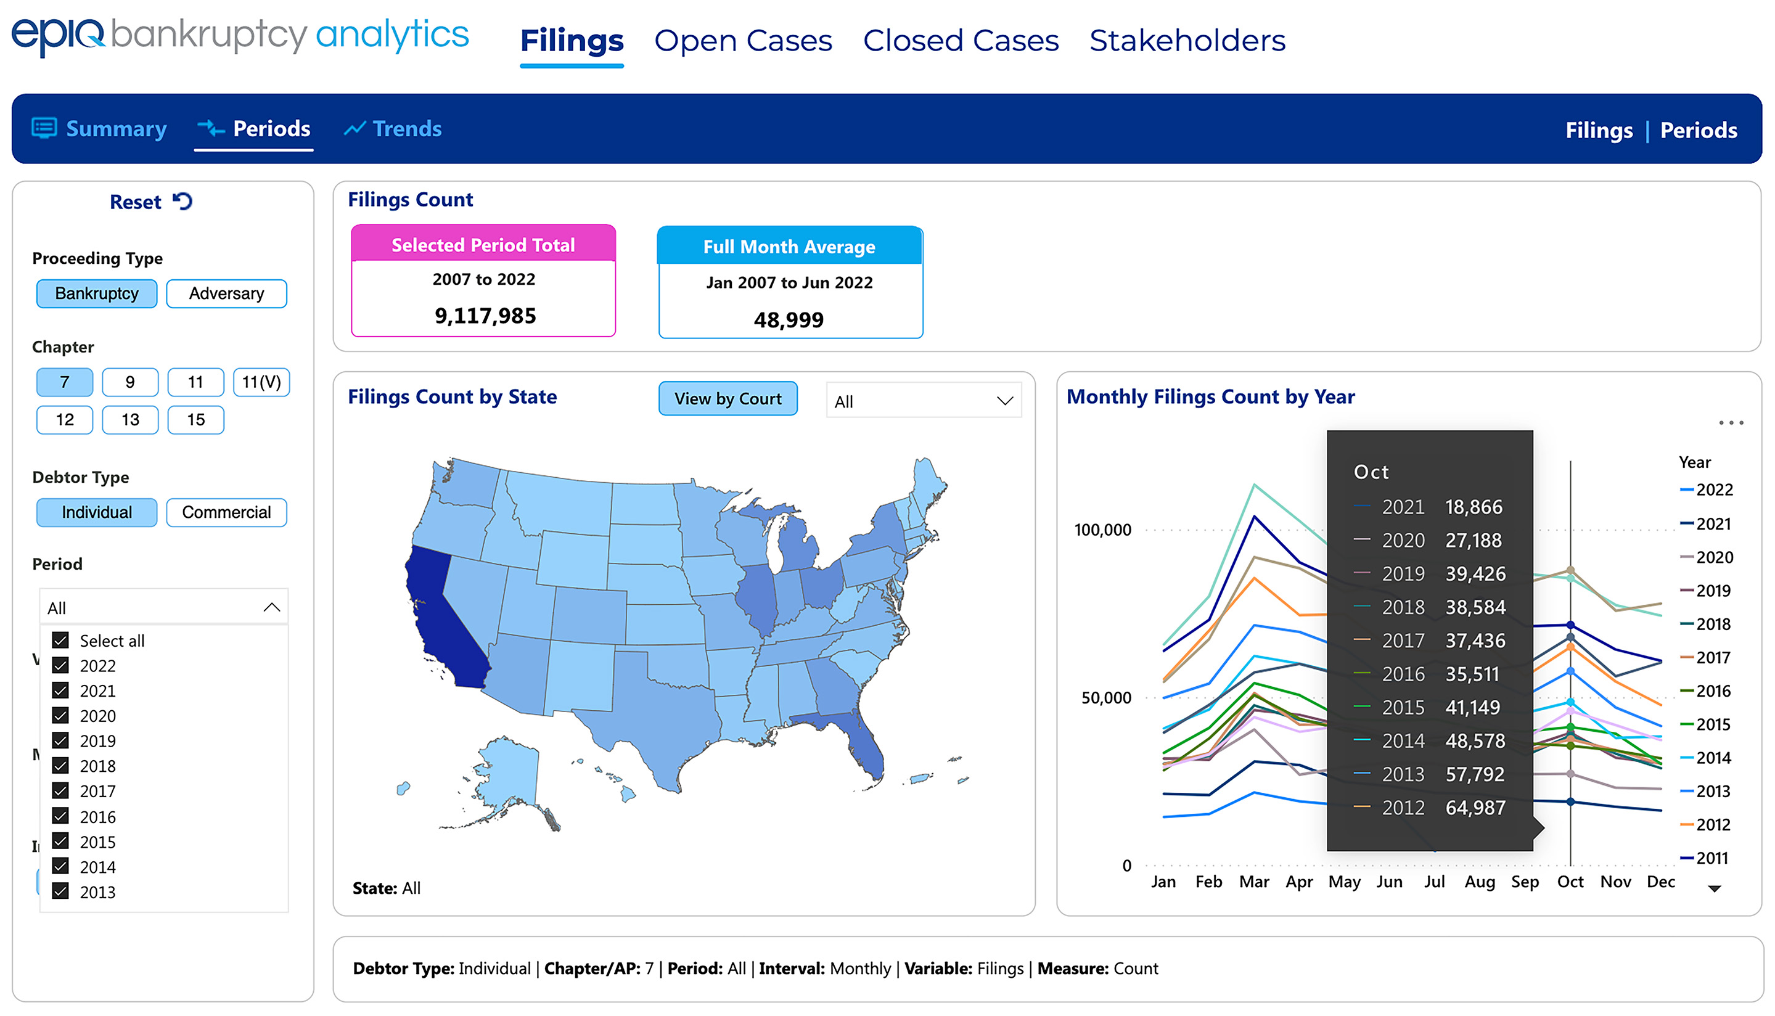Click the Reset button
coord(150,202)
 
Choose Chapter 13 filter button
coord(131,420)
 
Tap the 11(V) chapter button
coord(261,382)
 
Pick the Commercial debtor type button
coord(226,513)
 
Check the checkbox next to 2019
coord(60,740)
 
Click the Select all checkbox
coord(60,641)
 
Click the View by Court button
coord(728,399)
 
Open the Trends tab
coord(393,129)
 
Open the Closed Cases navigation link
coord(961,41)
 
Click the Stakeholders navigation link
coord(1187,41)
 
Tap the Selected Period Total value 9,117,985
coord(486,316)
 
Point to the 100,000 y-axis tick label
coord(1102,530)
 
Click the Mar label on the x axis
coord(1254,882)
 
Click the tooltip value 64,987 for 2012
coord(1475,808)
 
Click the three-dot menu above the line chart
coord(1731,423)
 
